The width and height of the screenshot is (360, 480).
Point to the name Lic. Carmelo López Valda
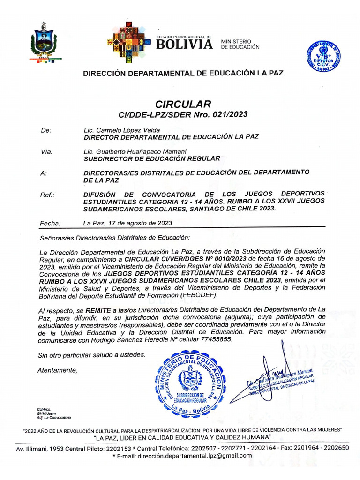(x=121, y=130)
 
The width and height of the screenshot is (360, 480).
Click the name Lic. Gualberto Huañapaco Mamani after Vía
(x=135, y=151)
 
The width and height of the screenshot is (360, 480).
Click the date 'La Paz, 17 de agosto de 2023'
(x=127, y=223)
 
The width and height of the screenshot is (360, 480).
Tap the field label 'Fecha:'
(x=50, y=223)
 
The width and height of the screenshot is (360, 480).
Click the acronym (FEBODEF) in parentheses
(x=195, y=295)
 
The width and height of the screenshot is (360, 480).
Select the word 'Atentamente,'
(x=57, y=370)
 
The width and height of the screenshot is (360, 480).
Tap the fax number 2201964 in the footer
(x=296, y=448)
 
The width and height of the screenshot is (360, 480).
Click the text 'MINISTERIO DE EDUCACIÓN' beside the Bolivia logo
(x=240, y=44)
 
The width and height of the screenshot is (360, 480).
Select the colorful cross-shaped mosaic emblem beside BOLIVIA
(x=129, y=42)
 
